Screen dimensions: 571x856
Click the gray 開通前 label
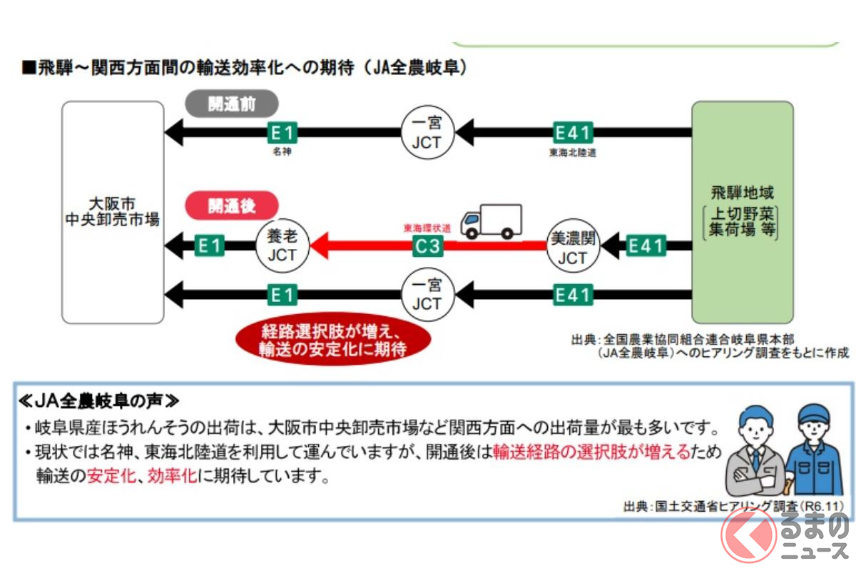(232, 103)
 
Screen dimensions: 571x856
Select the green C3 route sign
(427, 247)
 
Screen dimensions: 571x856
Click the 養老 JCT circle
(282, 247)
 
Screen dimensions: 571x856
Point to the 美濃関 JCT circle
(573, 247)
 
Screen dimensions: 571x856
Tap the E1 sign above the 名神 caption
(282, 132)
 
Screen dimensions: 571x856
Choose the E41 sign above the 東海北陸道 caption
(574, 132)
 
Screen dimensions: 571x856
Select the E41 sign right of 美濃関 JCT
(646, 247)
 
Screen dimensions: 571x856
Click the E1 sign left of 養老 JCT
(210, 247)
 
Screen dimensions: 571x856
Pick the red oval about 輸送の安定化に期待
(333, 340)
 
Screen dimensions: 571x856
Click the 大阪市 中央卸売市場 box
(112, 211)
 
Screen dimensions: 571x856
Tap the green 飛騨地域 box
(742, 211)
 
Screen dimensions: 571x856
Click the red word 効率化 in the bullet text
(172, 476)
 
